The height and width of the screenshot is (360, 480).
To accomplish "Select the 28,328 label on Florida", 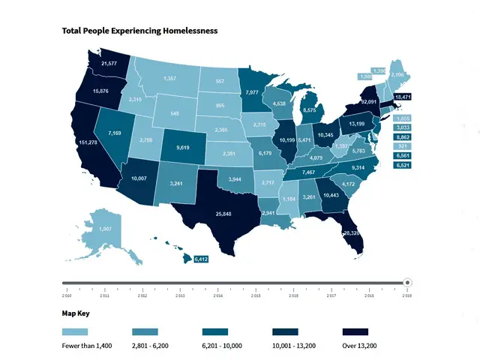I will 351,233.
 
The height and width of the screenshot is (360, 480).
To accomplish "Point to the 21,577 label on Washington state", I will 108,64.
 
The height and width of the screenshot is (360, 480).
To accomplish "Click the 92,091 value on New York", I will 368,100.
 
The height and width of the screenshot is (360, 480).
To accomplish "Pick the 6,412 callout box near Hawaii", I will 201,259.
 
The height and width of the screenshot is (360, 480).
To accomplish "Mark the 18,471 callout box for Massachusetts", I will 403,97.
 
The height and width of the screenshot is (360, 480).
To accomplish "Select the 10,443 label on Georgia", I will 331,195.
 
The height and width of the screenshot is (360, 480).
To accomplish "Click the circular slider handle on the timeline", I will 407,283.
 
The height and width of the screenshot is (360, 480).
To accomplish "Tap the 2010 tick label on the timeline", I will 66,296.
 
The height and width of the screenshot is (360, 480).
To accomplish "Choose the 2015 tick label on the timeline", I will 256,296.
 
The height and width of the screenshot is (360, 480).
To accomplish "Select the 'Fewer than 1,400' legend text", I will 87,346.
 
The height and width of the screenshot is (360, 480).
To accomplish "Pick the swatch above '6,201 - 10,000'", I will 217,331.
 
